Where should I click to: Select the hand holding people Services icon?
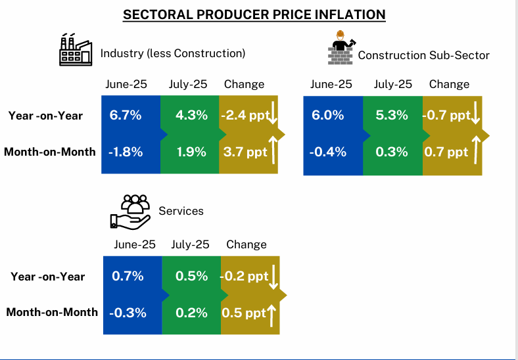pos(131,212)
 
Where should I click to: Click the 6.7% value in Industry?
pos(126,116)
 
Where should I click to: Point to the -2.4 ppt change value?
pos(244,116)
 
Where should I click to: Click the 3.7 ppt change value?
pos(245,152)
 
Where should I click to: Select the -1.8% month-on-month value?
pos(125,152)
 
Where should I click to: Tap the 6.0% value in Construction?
pos(328,116)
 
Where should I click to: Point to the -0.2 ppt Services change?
pos(244,277)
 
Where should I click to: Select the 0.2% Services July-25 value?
pos(192,312)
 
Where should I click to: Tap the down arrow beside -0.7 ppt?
pos(476,117)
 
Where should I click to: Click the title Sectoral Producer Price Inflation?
pos(254,14)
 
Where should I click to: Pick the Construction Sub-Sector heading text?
pos(423,55)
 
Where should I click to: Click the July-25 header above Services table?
pos(190,244)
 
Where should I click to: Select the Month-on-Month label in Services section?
pos(52,312)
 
